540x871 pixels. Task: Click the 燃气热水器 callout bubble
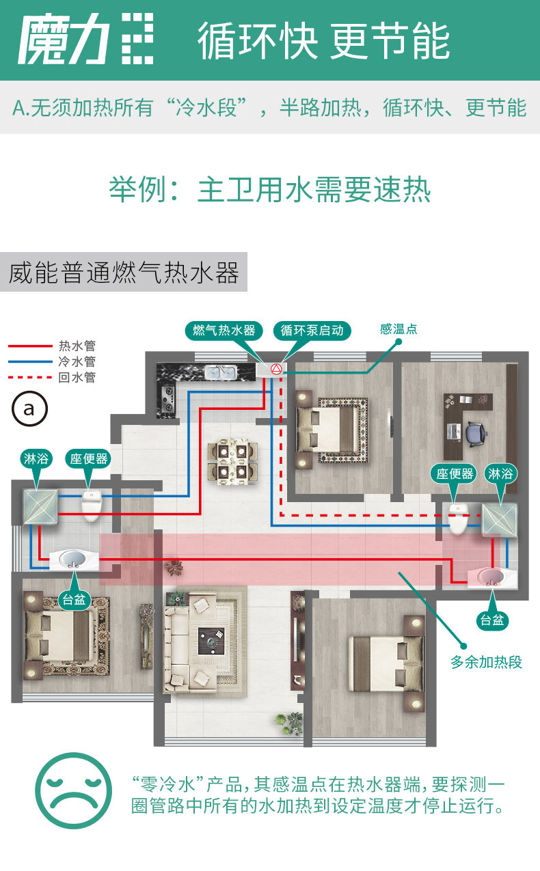224,331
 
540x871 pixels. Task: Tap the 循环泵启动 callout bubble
312,331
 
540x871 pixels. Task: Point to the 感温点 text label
399,329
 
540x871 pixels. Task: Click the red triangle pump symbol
276,369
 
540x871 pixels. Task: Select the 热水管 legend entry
52,346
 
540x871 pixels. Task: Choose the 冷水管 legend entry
52,361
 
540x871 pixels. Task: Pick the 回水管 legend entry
52,377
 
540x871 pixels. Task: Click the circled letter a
29,409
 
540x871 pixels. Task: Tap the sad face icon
74,791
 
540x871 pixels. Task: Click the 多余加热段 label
486,662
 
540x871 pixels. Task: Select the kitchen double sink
221,373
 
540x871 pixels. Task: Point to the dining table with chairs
232,462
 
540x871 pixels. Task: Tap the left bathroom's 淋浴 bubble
36,459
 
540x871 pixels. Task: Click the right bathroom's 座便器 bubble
455,473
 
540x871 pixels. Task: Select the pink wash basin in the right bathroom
491,577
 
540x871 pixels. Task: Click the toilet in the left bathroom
92,506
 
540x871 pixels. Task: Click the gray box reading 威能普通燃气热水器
124,272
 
